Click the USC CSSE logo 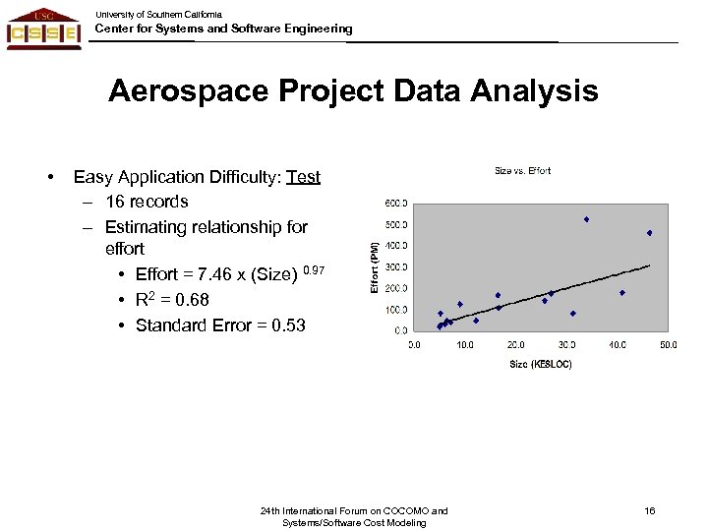click(x=43, y=28)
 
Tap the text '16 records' click(x=147, y=202)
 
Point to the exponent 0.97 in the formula click(x=313, y=269)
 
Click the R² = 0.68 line click(x=171, y=300)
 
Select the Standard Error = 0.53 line click(x=220, y=325)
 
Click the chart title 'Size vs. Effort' click(x=522, y=171)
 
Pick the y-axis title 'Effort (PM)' click(x=374, y=265)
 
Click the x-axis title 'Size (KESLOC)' click(x=540, y=365)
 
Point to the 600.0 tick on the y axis click(x=397, y=204)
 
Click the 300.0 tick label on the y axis click(x=397, y=267)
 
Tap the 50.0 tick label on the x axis click(x=668, y=345)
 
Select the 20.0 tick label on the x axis click(x=515, y=345)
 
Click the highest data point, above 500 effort click(x=586, y=219)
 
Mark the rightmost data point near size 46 click(x=650, y=233)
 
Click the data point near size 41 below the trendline click(x=622, y=293)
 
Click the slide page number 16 click(x=649, y=511)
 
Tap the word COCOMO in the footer click(x=405, y=511)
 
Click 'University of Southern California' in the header click(x=158, y=15)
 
